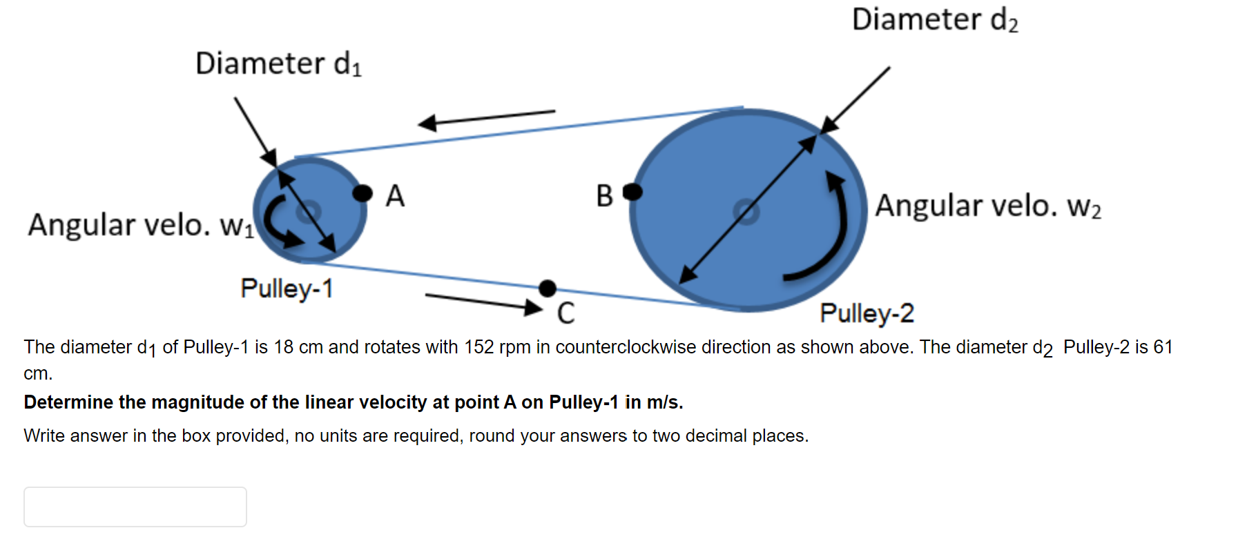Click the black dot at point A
[362, 193]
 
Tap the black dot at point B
[632, 192]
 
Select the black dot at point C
[548, 288]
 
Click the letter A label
[395, 196]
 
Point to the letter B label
[605, 196]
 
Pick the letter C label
[565, 313]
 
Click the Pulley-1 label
[287, 288]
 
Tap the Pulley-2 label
[867, 313]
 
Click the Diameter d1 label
[278, 63]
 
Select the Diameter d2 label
[935, 19]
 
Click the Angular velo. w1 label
[141, 225]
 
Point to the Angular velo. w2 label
[988, 206]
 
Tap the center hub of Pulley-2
[746, 211]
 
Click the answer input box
[135, 507]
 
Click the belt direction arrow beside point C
[483, 302]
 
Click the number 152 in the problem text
[478, 347]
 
